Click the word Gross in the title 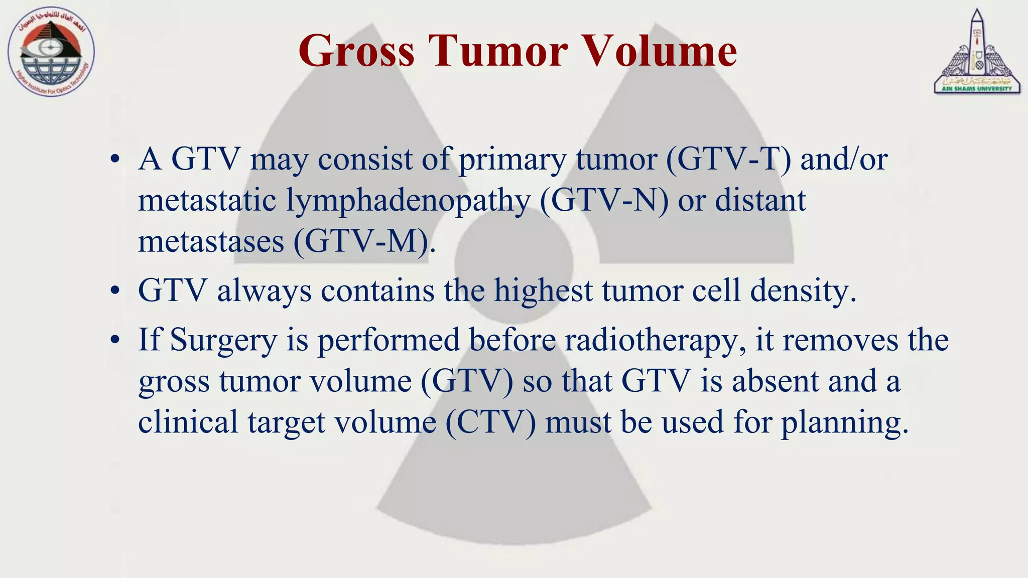pos(356,51)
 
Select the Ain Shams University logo pos(977,52)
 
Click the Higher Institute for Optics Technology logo pos(51,52)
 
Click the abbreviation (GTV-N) pos(604,201)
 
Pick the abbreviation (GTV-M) pos(361,242)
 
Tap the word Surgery pos(223,340)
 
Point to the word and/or pos(844,160)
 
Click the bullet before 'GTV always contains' pos(115,291)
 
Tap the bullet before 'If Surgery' pos(115,341)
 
